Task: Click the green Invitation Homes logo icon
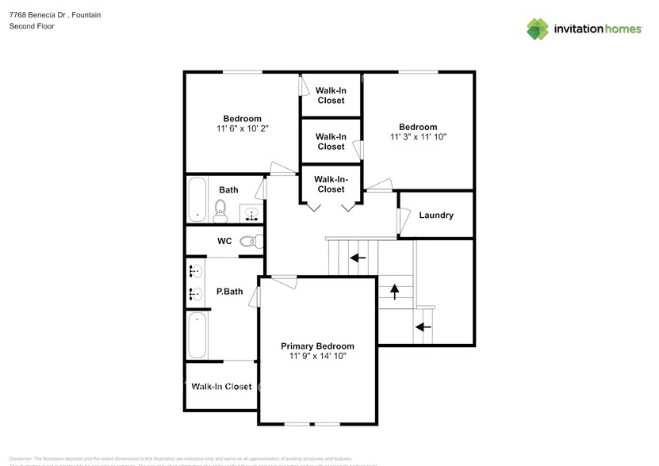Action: [x=538, y=29]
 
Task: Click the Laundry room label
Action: [x=435, y=215]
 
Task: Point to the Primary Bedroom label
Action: [x=317, y=346]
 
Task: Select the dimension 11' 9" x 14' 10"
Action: [x=317, y=357]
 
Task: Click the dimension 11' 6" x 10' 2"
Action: [x=242, y=128]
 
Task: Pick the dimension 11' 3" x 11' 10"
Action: [x=418, y=137]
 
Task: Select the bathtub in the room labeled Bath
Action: [x=197, y=199]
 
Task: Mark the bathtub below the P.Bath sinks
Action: [x=197, y=335]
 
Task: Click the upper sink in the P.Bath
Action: [x=195, y=271]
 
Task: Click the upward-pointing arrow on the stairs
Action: [x=395, y=292]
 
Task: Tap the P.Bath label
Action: [x=229, y=292]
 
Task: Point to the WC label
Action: [x=224, y=241]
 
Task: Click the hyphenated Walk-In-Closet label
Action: [x=331, y=185]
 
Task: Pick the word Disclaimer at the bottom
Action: [x=21, y=459]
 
